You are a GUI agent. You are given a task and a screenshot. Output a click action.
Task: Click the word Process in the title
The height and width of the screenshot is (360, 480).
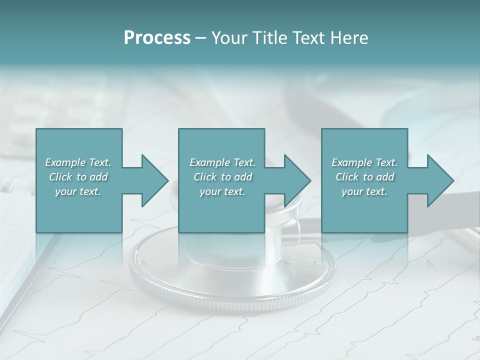click(157, 38)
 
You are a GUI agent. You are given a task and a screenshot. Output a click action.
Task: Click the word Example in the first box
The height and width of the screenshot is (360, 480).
click(65, 162)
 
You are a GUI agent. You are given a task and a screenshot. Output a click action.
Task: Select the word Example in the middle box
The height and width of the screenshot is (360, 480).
click(209, 162)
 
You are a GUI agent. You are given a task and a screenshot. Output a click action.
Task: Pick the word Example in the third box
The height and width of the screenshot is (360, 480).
click(351, 162)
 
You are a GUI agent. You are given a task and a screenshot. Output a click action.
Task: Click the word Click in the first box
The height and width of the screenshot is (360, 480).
click(60, 177)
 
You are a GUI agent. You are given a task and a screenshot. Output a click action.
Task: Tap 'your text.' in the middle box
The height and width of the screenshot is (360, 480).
click(222, 191)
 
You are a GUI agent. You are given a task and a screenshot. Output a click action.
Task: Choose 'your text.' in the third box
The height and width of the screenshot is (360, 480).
click(364, 191)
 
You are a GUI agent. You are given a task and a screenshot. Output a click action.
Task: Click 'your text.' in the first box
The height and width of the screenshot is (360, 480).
click(78, 191)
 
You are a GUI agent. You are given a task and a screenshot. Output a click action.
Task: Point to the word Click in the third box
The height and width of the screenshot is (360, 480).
click(347, 177)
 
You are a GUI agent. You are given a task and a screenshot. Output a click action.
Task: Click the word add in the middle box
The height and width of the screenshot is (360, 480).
click(243, 177)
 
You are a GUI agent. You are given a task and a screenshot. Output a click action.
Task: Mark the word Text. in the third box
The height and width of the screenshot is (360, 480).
click(386, 162)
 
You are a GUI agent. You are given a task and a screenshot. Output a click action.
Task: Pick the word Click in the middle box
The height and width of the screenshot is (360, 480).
click(205, 177)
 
